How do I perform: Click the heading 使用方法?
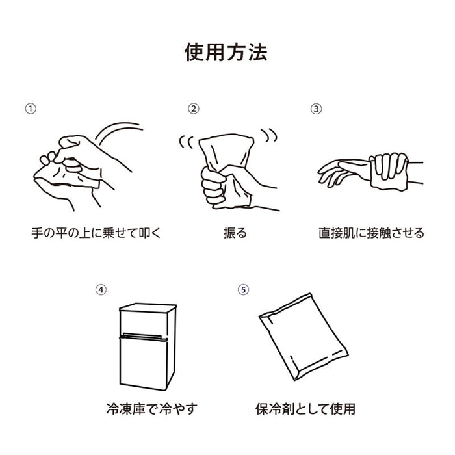pos(226,52)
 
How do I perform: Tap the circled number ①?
pos(30,109)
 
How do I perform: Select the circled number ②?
pos(193,109)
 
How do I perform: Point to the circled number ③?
pos(316,109)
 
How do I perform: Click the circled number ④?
pos(100,290)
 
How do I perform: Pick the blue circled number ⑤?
pos(243,290)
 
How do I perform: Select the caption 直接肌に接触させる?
pos(371,232)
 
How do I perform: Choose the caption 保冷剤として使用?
pos(305,409)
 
